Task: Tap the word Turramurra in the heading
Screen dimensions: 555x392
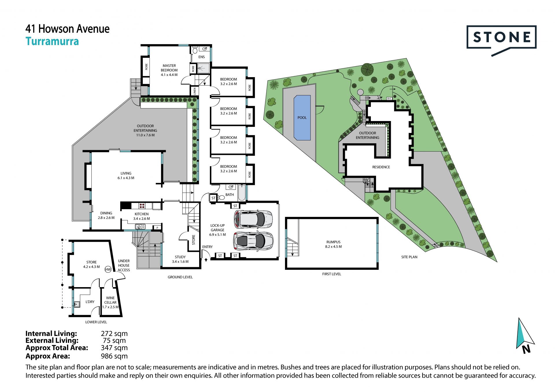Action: pyautogui.click(x=52, y=41)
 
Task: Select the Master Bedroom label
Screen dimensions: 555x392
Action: pyautogui.click(x=169, y=70)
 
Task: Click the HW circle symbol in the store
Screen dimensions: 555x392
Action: pyautogui.click(x=108, y=270)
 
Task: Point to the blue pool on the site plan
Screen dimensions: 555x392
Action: pyautogui.click(x=302, y=118)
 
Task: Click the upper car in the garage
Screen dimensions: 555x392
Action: pyautogui.click(x=253, y=219)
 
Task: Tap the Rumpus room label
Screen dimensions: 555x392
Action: pyautogui.click(x=333, y=244)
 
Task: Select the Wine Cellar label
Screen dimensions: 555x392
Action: pyautogui.click(x=110, y=302)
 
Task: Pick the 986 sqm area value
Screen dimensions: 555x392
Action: pyautogui.click(x=114, y=356)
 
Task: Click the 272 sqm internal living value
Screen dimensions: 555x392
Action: pyautogui.click(x=114, y=334)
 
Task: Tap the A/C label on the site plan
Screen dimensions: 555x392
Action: pyautogui.click(x=389, y=99)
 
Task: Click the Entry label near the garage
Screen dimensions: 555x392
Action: pyautogui.click(x=207, y=247)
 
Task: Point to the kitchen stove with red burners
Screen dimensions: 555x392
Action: pyautogui.click(x=142, y=206)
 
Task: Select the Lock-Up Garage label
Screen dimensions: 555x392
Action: pyautogui.click(x=217, y=230)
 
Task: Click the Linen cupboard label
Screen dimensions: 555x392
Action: pyautogui.click(x=195, y=91)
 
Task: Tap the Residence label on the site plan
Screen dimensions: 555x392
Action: pyautogui.click(x=381, y=167)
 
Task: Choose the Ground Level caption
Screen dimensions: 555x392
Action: pyautogui.click(x=180, y=277)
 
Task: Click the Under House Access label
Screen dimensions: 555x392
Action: pyautogui.click(x=124, y=265)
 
